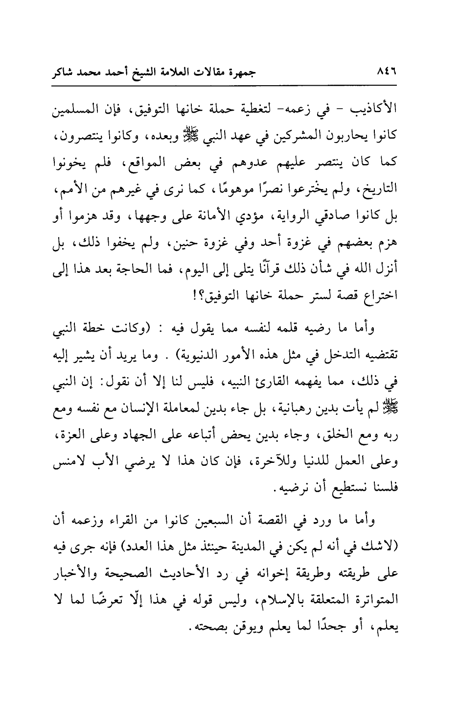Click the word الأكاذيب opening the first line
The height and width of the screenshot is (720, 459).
376,109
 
